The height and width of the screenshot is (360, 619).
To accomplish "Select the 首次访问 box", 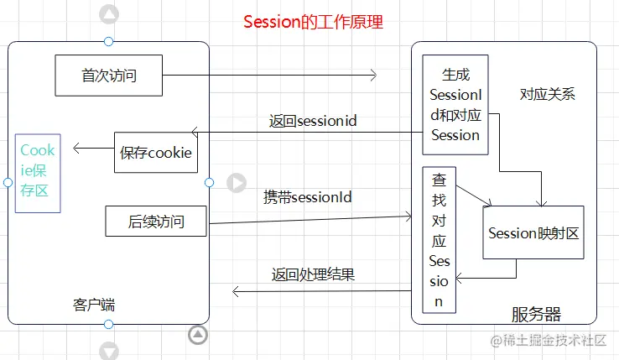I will [109, 76].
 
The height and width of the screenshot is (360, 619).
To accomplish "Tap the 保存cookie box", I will [156, 153].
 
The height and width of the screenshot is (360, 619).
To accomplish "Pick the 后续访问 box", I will [155, 222].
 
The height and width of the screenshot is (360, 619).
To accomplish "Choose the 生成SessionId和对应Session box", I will [455, 105].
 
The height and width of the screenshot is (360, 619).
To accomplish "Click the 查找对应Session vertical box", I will [440, 239].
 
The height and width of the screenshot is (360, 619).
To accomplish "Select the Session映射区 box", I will [533, 233].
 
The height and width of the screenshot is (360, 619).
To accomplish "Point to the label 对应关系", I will [547, 94].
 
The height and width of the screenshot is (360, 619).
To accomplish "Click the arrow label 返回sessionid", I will [313, 121].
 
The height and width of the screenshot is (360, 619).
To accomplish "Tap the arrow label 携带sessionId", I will [307, 198].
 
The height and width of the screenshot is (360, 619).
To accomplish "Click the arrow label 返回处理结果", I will [313, 274].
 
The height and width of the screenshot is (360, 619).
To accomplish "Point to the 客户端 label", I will [94, 305].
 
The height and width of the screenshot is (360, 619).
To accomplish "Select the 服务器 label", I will [536, 315].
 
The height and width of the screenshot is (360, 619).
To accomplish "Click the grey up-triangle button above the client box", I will [109, 14].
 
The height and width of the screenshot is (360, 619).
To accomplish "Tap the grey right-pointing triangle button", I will [237, 182].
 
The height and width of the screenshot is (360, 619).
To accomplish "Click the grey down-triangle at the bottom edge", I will [109, 349].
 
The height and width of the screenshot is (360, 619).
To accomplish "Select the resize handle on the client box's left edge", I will [8, 182].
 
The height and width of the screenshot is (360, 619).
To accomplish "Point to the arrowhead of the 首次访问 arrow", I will [372, 76].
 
